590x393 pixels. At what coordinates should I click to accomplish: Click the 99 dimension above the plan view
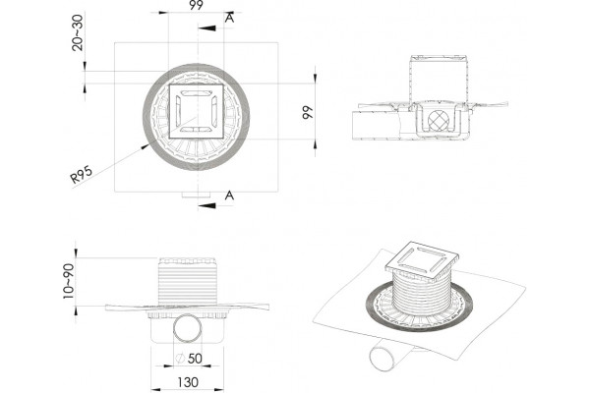point(196,5)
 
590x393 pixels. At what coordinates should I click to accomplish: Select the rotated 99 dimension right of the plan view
point(308,112)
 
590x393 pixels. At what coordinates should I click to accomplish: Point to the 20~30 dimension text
point(77,32)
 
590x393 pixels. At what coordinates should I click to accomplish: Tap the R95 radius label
point(82,174)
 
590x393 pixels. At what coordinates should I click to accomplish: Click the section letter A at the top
point(229,18)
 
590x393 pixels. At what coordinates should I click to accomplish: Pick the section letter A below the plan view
point(229,196)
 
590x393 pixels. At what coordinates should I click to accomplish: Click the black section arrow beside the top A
point(206,28)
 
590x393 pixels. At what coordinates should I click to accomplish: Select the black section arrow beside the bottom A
point(206,205)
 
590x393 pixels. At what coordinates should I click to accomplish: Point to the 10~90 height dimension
point(69,281)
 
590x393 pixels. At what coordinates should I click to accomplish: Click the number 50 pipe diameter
point(195,359)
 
